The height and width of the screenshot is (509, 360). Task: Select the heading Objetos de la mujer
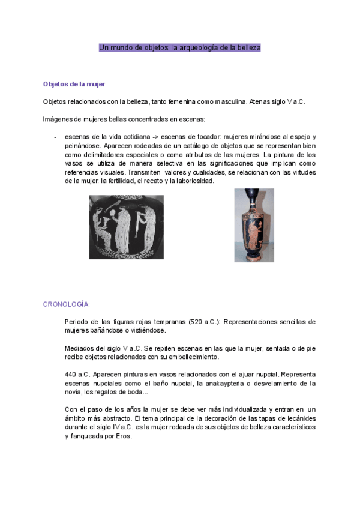click(74, 84)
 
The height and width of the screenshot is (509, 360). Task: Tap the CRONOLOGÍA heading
click(67, 304)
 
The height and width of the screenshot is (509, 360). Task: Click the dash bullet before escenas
click(55, 137)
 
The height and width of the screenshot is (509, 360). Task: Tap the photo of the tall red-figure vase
click(254, 225)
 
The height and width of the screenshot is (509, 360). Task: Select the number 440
click(70, 374)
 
